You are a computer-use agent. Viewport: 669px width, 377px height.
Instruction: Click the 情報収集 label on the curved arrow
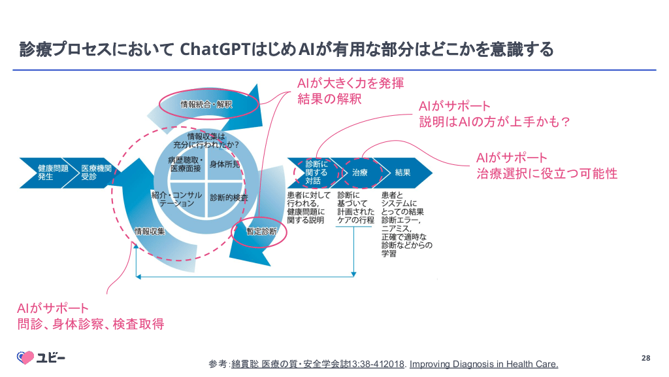click(x=150, y=231)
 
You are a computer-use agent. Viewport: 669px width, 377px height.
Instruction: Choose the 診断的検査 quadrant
click(x=229, y=197)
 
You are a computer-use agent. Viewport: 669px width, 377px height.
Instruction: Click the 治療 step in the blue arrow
click(x=360, y=173)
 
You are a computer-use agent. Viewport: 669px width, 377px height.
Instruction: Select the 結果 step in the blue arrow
click(x=402, y=173)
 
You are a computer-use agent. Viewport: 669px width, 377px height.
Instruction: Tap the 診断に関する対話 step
click(x=317, y=172)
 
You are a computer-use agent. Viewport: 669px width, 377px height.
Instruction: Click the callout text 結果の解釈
click(x=329, y=99)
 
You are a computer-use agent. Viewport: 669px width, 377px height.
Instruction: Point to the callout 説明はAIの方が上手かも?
click(x=495, y=122)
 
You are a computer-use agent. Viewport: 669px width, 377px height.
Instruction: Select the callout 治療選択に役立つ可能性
click(x=546, y=174)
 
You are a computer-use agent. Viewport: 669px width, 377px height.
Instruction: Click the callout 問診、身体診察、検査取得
click(x=90, y=323)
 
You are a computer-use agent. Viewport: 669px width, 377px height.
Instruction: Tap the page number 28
click(x=645, y=357)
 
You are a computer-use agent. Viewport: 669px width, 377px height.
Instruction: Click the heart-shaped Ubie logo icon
click(x=25, y=357)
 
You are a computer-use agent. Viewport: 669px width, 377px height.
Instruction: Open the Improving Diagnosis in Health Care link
click(x=483, y=364)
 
